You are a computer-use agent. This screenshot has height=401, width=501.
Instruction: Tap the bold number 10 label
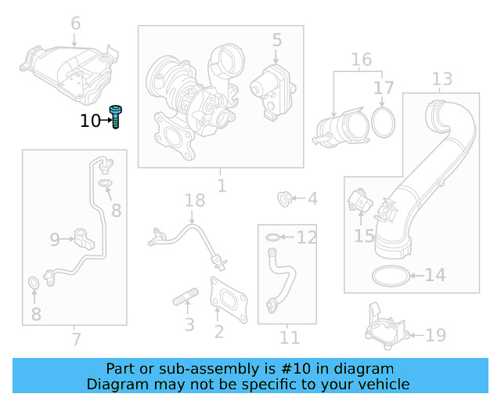click(91, 121)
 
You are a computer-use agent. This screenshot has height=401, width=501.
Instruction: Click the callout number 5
click(276, 38)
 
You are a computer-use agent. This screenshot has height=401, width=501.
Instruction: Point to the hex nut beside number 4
click(286, 199)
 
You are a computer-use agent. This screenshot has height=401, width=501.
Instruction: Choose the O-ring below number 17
click(383, 122)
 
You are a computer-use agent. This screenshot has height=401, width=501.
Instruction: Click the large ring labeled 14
click(389, 275)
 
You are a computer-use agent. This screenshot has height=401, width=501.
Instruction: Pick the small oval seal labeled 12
click(269, 237)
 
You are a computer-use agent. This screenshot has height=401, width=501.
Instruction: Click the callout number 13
click(442, 79)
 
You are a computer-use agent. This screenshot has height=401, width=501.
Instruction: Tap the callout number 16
click(361, 60)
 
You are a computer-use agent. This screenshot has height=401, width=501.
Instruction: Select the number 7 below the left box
click(75, 339)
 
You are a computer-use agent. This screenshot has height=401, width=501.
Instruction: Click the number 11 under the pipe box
click(290, 338)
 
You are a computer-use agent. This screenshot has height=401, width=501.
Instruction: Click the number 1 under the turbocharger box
click(222, 186)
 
